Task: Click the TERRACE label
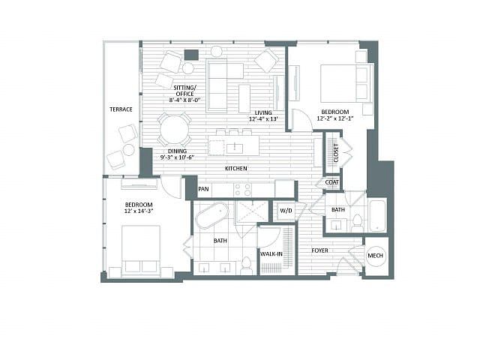click(121, 109)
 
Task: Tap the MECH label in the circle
click(375, 256)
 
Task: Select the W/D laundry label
click(286, 211)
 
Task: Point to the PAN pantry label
click(203, 189)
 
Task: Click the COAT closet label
click(331, 182)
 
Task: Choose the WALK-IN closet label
click(271, 253)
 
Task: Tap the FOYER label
click(320, 250)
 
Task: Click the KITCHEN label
click(236, 168)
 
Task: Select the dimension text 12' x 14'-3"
click(139, 211)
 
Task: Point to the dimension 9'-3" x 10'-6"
click(178, 157)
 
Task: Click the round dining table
click(174, 129)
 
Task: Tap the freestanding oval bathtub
click(211, 215)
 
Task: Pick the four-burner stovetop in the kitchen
click(242, 189)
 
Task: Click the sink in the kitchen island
click(235, 148)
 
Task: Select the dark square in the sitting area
click(192, 55)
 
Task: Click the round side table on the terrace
click(128, 150)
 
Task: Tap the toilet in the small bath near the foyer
click(357, 223)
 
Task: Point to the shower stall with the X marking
click(251, 211)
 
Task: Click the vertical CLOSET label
click(336, 153)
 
